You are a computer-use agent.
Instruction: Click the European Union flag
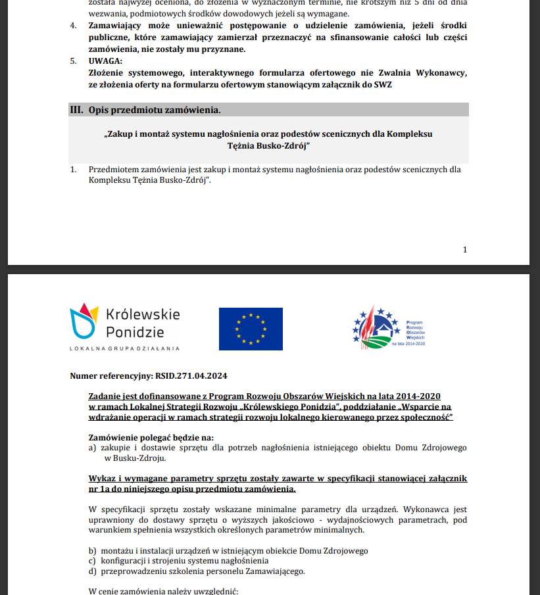[251, 329]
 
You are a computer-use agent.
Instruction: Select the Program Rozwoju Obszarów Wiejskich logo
[389, 327]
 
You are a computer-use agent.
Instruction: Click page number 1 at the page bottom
[465, 249]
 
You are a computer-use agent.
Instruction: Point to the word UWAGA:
[107, 60]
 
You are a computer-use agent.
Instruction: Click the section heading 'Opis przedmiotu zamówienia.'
[155, 110]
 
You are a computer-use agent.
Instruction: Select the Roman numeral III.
[76, 110]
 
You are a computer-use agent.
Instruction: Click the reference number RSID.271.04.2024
[191, 376]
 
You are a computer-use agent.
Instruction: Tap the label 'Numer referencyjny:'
[111, 376]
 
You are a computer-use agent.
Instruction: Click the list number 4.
[73, 26]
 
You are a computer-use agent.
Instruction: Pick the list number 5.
[73, 60]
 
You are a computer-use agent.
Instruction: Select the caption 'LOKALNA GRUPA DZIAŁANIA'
[124, 348]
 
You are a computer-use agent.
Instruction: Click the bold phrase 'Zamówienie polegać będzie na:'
[151, 437]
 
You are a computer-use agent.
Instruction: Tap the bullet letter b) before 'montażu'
[92, 550]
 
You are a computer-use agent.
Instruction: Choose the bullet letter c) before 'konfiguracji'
[92, 561]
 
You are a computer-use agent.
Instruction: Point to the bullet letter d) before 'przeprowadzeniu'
[92, 571]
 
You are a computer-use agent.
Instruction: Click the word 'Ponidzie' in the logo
[135, 331]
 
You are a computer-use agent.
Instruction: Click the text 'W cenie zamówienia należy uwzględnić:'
[162, 591]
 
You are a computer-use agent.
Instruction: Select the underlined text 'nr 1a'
[100, 489]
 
